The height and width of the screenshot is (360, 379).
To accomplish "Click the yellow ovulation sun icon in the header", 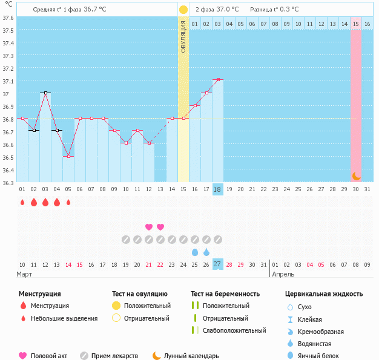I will (x=183, y=10).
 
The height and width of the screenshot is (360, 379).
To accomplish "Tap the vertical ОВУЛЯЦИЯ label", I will (x=183, y=37).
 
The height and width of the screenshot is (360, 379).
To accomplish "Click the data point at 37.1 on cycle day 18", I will (x=218, y=79).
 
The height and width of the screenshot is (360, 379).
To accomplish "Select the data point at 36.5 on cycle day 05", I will (x=68, y=156).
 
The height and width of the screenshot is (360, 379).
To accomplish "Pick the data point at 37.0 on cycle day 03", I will (x=45, y=93).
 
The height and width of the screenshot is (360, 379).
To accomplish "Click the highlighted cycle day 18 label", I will (x=218, y=189).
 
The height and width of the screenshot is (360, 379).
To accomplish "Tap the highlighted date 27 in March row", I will (x=218, y=264).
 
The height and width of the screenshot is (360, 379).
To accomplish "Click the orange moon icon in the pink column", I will (x=357, y=175).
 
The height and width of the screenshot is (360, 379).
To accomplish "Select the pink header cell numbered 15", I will (x=356, y=24).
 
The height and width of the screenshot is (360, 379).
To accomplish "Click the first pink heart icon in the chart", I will (x=149, y=227).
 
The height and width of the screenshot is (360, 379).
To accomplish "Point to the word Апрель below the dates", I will (x=283, y=274).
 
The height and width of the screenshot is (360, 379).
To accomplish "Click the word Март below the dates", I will (x=24, y=274).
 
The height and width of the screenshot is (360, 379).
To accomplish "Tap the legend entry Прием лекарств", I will (x=114, y=356).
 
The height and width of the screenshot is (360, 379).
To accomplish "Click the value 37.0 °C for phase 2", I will (x=227, y=10).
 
